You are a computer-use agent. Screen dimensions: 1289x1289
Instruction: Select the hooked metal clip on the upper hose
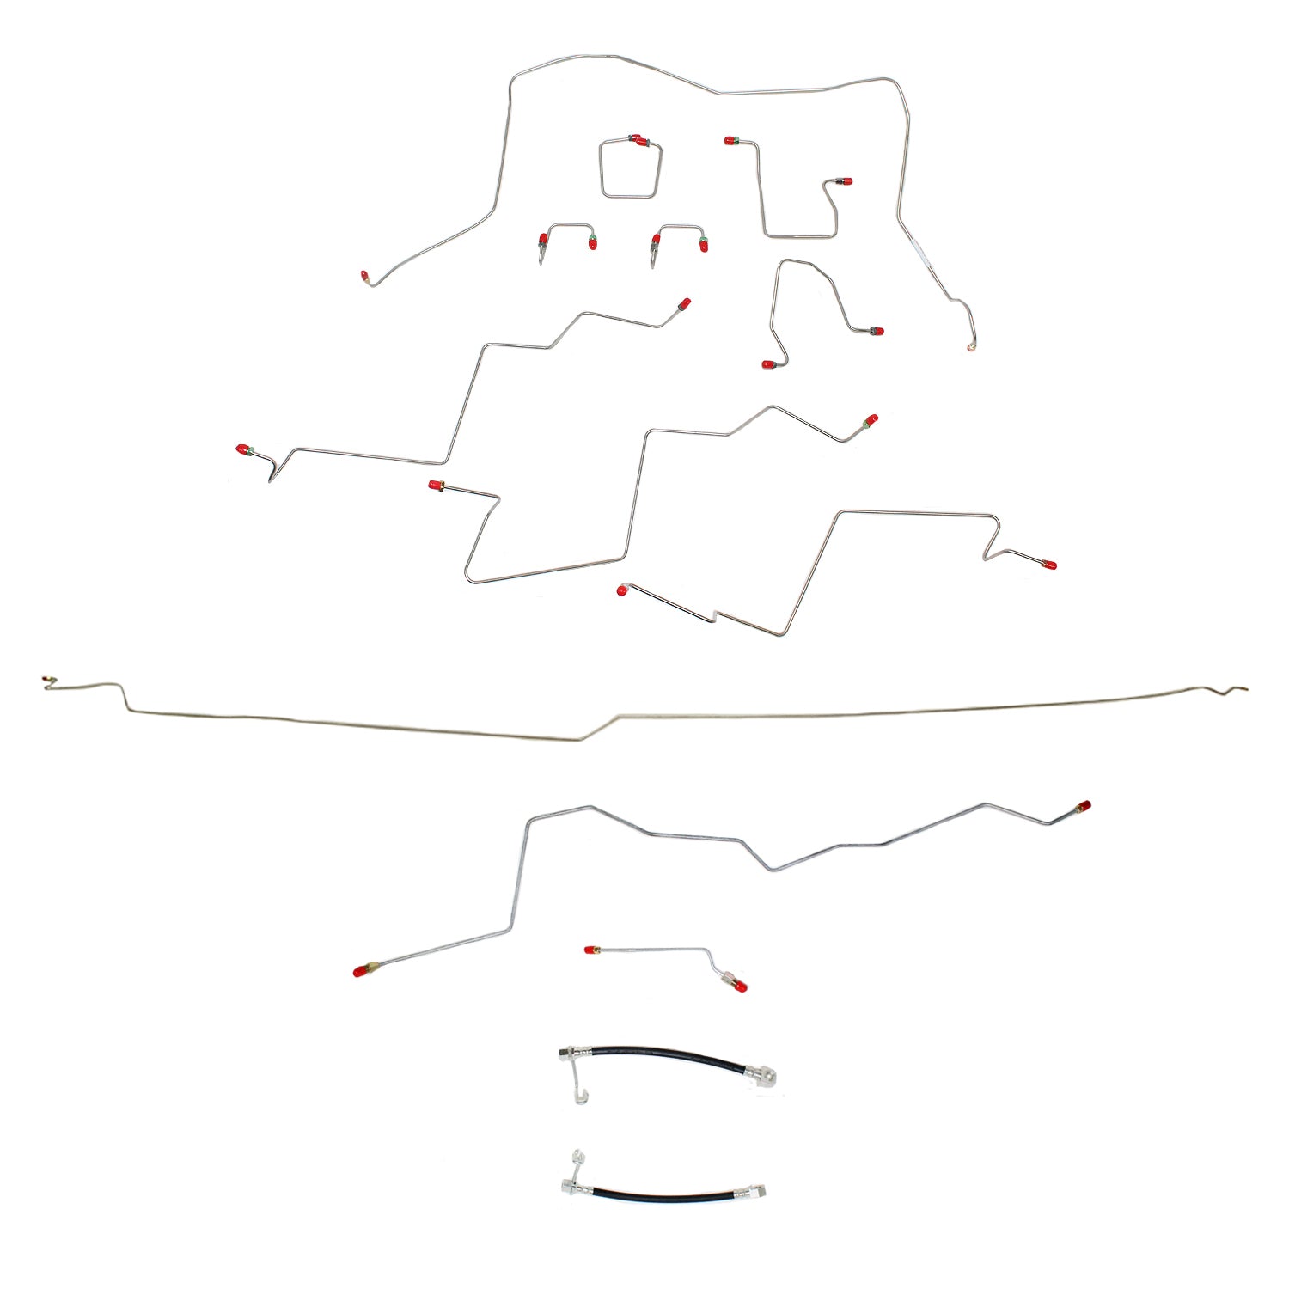click(x=579, y=1086)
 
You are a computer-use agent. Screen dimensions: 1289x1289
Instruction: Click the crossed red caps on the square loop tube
click(x=638, y=140)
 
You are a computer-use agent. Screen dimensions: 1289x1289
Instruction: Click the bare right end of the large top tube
click(x=972, y=347)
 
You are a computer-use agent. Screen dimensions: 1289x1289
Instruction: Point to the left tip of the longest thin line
click(x=46, y=681)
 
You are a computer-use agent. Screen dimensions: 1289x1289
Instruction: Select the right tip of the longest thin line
click(x=1245, y=687)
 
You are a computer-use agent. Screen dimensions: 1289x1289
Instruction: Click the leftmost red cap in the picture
click(x=242, y=449)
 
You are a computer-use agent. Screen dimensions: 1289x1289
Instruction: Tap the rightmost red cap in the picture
click(x=1085, y=806)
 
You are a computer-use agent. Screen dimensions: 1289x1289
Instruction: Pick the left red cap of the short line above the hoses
click(x=590, y=950)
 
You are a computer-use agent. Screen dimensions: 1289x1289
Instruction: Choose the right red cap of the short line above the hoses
click(x=741, y=987)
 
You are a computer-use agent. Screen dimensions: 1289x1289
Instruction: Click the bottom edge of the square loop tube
click(x=629, y=197)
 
